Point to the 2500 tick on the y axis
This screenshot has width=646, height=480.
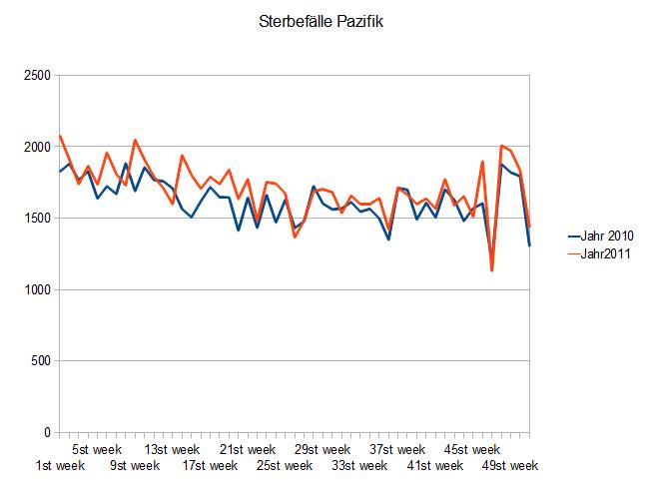coord(36,76)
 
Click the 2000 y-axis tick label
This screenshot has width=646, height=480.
coord(36,148)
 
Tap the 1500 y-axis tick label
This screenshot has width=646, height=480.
coord(36,219)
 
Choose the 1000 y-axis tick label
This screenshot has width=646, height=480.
coord(36,290)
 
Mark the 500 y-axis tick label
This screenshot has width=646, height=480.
coord(40,361)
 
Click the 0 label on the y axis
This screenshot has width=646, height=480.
coord(47,433)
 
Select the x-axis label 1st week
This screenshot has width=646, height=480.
coord(60,465)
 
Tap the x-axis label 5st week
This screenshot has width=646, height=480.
coord(97,449)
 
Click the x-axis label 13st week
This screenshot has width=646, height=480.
coord(172,449)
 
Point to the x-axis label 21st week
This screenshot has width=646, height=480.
coord(247,449)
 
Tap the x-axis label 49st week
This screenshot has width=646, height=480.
coord(509,465)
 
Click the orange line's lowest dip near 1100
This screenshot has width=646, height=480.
coord(492,270)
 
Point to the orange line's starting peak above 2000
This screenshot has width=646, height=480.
coord(60,136)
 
